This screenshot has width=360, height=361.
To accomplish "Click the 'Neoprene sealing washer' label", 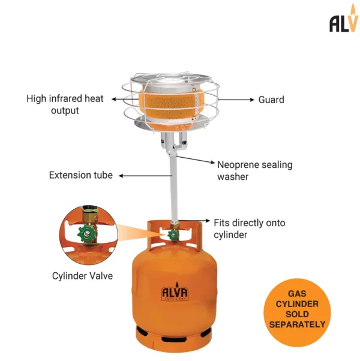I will (x=254, y=170).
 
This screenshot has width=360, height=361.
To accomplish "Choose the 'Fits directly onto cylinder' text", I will (x=250, y=228).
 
